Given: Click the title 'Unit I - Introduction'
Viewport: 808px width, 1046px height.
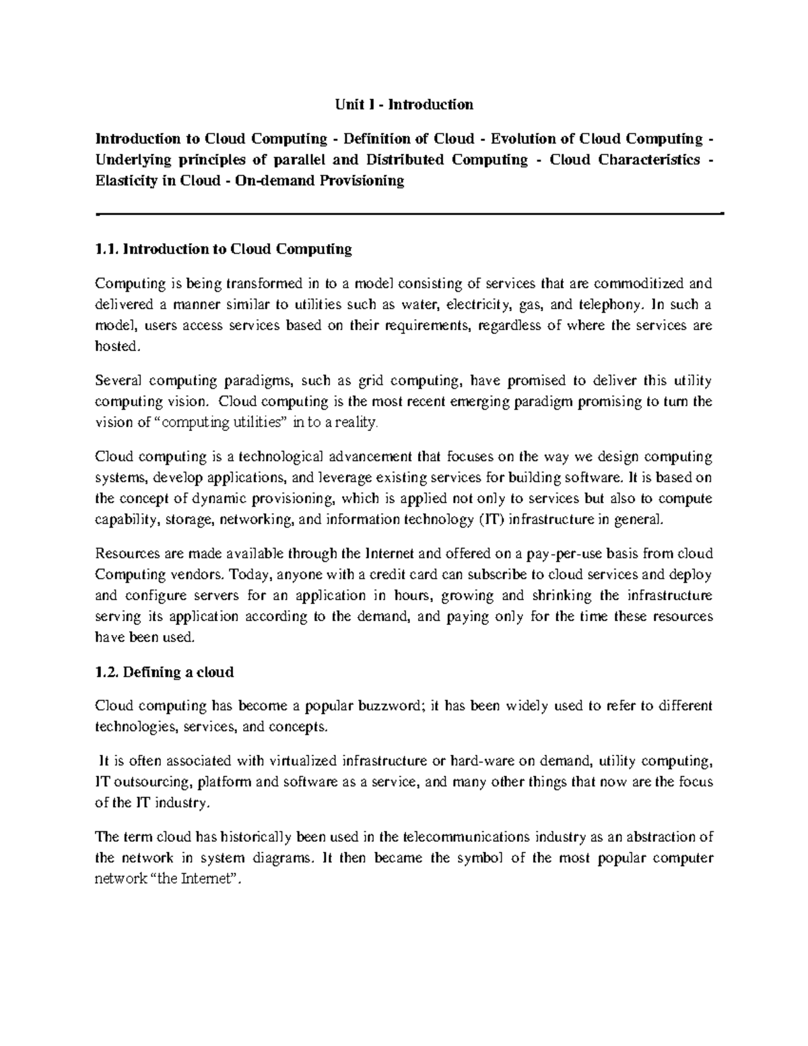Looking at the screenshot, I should tap(405, 104).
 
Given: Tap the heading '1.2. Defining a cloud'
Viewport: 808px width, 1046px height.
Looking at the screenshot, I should tap(164, 672).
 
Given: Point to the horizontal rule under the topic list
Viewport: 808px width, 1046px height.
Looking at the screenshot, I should tap(409, 213).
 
